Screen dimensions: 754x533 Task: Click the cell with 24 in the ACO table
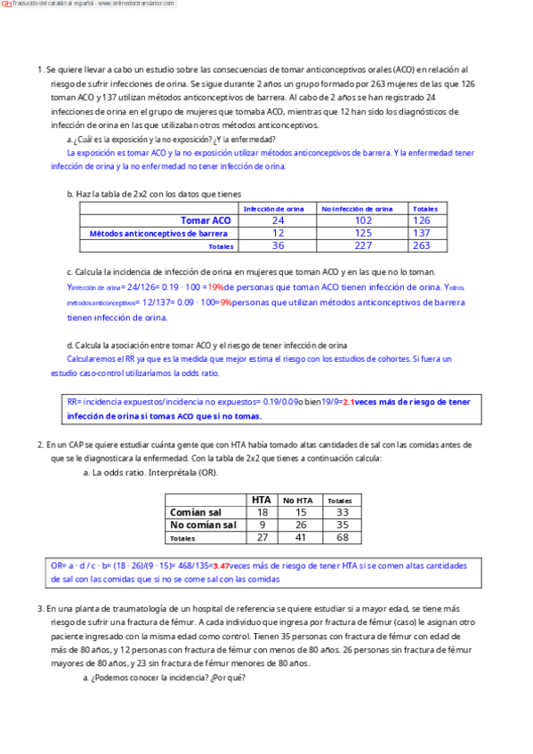278,221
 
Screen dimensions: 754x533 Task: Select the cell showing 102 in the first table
363,221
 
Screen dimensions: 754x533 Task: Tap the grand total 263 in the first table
422,246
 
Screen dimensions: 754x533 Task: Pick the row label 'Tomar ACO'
206,221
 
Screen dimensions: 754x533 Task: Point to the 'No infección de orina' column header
357,209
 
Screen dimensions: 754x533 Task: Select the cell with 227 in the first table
363,246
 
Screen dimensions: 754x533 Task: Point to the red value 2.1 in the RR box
349,402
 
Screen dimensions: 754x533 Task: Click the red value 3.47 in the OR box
221,565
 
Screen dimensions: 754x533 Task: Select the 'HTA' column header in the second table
262,500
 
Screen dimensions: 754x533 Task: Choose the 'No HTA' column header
296,501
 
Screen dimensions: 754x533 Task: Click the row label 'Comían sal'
196,513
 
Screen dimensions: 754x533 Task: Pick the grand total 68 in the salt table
342,538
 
